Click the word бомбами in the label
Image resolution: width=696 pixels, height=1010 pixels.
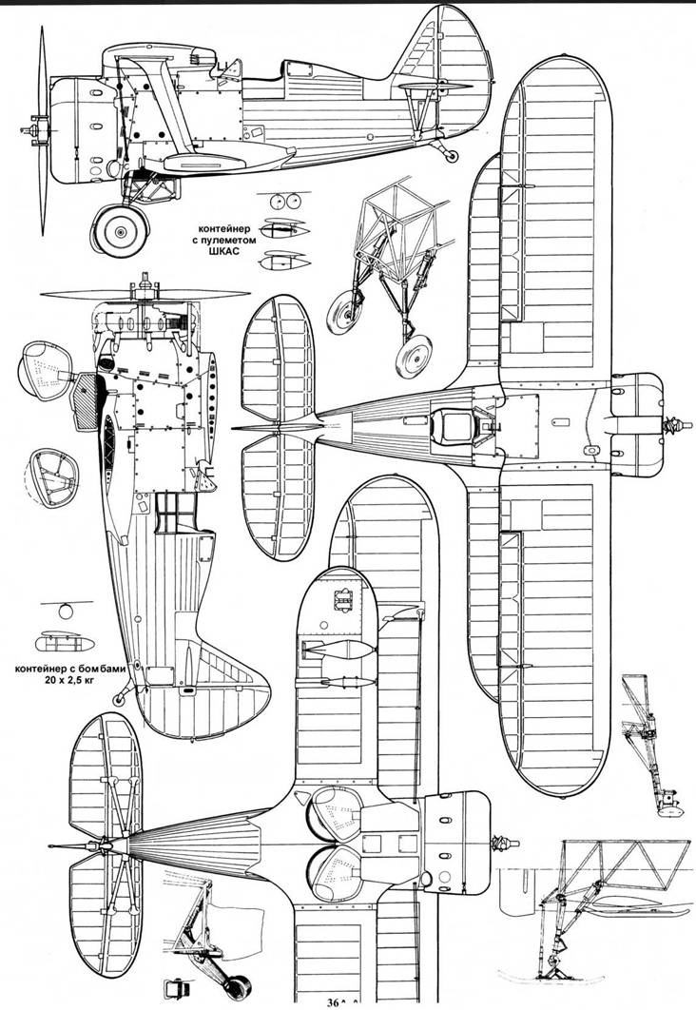pyautogui.click(x=105, y=669)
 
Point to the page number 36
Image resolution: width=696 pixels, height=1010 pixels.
pyautogui.click(x=333, y=1001)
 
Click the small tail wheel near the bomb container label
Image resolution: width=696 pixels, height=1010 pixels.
pyautogui.click(x=118, y=698)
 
